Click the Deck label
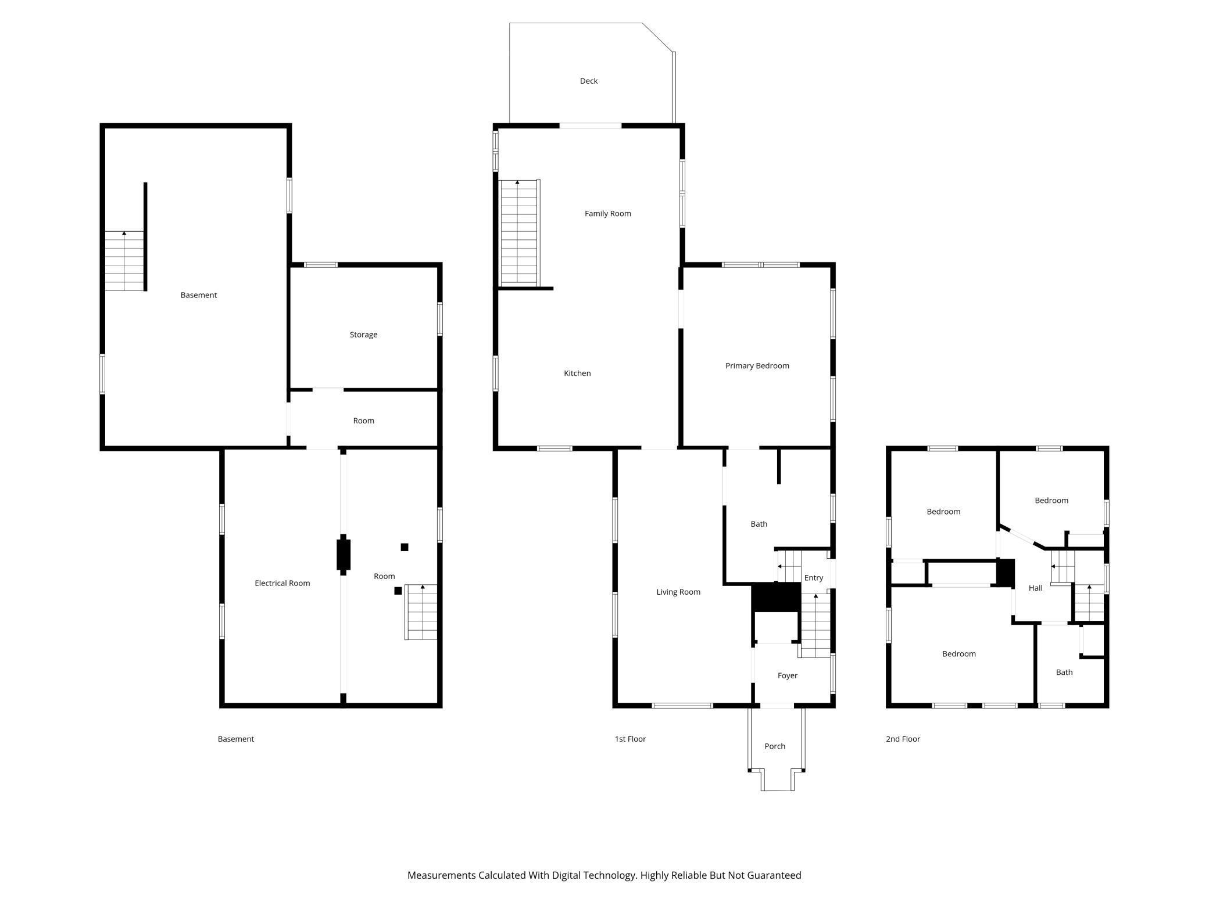point(588,81)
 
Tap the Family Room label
point(607,213)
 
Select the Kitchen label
point(577,373)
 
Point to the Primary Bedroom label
point(757,365)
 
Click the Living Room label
point(678,592)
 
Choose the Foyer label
point(787,675)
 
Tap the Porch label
point(774,746)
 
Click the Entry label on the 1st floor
point(813,577)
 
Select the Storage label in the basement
point(363,335)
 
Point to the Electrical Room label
point(282,583)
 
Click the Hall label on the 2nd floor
point(1035,588)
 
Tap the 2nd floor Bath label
point(1064,672)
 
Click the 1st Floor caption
point(630,739)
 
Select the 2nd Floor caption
point(902,739)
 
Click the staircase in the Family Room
point(518,232)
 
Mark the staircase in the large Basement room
point(124,261)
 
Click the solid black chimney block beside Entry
point(776,598)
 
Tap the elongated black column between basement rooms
point(343,555)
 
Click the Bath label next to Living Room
point(759,524)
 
